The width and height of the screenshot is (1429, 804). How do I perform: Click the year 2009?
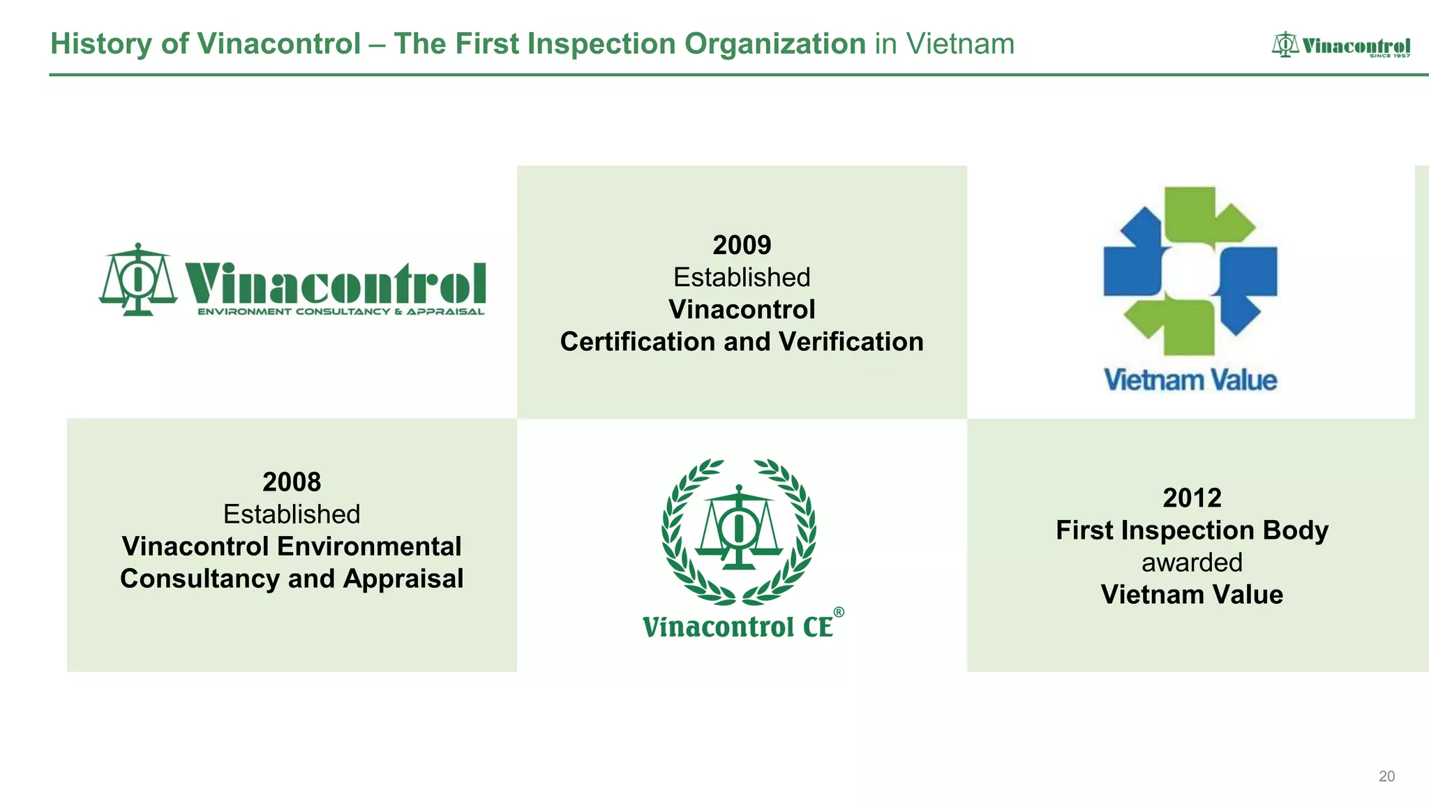click(742, 245)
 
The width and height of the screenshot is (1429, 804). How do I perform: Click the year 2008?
click(292, 482)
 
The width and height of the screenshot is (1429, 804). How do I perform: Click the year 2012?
click(1192, 498)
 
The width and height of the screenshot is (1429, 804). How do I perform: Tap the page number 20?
click(1386, 776)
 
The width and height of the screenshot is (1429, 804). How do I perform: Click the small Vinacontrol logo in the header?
click(1340, 45)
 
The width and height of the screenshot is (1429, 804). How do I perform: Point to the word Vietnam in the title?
click(960, 44)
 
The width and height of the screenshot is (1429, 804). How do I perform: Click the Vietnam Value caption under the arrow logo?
click(1190, 380)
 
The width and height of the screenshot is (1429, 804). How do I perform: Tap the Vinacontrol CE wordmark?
click(738, 627)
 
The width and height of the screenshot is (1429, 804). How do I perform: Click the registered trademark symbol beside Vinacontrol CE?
click(839, 612)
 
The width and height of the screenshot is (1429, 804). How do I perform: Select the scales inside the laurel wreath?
click(738, 528)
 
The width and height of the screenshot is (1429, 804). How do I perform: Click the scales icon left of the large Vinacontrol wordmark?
click(138, 279)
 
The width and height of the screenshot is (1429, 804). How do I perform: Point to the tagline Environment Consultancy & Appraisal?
click(341, 311)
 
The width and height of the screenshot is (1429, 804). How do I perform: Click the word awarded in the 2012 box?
click(1192, 563)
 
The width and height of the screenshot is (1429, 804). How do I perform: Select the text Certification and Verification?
click(742, 342)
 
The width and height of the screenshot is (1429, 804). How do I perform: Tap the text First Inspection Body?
click(1192, 530)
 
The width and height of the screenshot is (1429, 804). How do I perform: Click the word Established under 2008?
click(292, 514)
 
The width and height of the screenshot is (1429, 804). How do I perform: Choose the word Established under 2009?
click(742, 278)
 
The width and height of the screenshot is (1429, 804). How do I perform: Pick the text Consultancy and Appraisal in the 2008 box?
click(292, 579)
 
